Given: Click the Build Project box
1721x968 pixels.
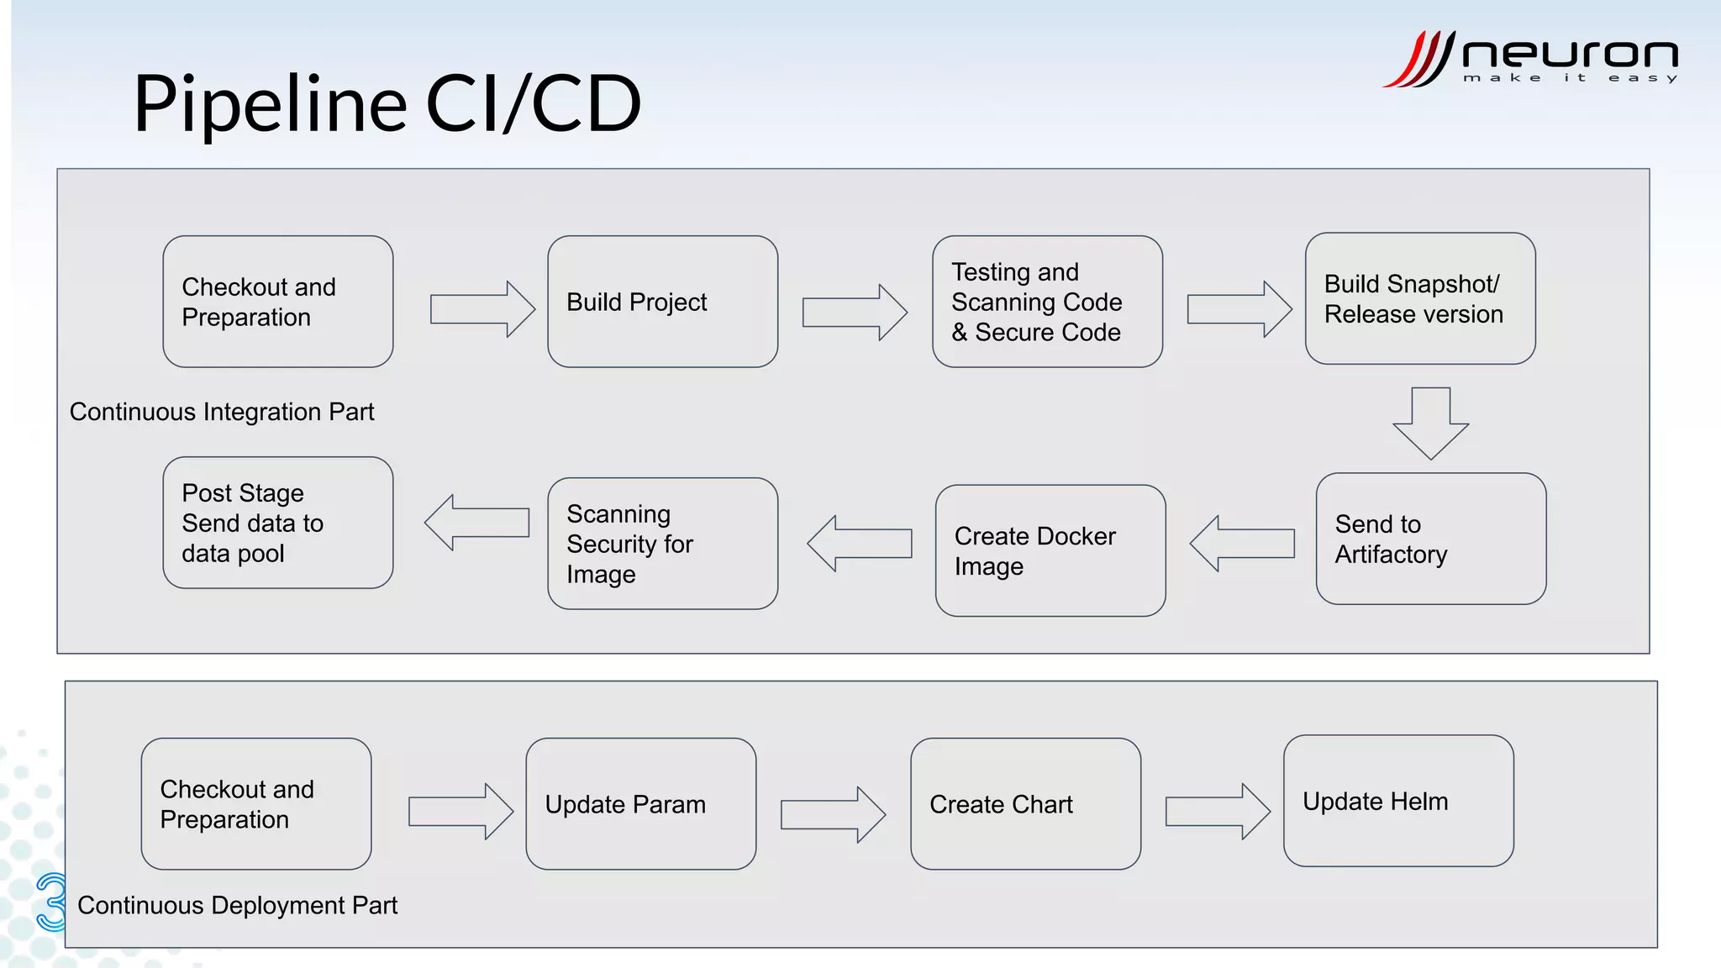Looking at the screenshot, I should pyautogui.click(x=662, y=302).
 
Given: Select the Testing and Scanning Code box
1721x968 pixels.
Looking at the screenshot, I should pyautogui.click(x=1047, y=302).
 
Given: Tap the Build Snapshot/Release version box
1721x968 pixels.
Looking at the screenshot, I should pyautogui.click(x=1420, y=299).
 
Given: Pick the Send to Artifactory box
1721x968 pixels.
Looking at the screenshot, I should pyautogui.click(x=1430, y=539).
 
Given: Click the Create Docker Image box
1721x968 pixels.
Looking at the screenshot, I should pyautogui.click(x=1050, y=550).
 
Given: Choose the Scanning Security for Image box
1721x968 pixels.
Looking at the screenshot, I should pyautogui.click(x=662, y=544).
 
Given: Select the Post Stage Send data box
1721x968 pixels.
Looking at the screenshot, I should pyautogui.click(x=278, y=523).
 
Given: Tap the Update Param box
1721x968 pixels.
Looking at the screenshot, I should pyautogui.click(x=640, y=804).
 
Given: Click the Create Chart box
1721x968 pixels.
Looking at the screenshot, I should pyautogui.click(x=1025, y=804).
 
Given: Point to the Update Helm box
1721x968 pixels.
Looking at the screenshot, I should pyautogui.click(x=1398, y=801).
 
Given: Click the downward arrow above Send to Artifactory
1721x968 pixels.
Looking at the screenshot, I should pyautogui.click(x=1430, y=423).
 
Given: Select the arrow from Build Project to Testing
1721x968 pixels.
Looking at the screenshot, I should pyautogui.click(x=855, y=312).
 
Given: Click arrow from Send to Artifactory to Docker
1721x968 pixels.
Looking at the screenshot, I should pyautogui.click(x=1242, y=544).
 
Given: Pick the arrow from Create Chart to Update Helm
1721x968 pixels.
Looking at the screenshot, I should pyautogui.click(x=1218, y=812).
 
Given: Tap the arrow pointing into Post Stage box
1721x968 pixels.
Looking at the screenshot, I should pyautogui.click(x=476, y=523).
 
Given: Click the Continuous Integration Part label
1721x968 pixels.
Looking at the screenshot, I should pyautogui.click(x=222, y=412).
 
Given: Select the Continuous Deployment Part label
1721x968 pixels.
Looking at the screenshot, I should pyautogui.click(x=237, y=905).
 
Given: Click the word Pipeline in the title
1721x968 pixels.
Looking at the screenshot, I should pyautogui.click(x=270, y=104).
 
